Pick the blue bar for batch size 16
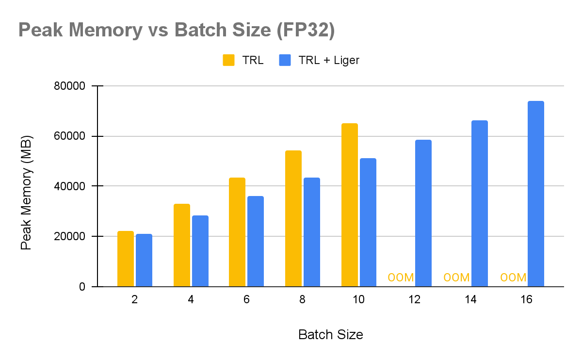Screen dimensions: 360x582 click(x=536, y=194)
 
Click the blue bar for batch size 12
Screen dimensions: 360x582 click(x=423, y=213)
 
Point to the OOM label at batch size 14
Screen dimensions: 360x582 click(x=457, y=278)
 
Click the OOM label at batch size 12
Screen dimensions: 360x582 click(x=401, y=278)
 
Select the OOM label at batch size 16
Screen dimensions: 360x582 click(x=513, y=278)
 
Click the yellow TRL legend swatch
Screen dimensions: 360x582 click(x=228, y=60)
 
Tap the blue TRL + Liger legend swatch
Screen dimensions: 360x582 click(x=285, y=60)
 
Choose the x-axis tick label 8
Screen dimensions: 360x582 click(x=302, y=300)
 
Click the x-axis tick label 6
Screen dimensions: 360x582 click(x=246, y=300)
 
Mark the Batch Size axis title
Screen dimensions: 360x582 click(x=330, y=335)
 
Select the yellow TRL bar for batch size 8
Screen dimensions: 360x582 click(x=293, y=218)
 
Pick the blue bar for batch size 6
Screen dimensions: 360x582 click(x=256, y=241)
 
